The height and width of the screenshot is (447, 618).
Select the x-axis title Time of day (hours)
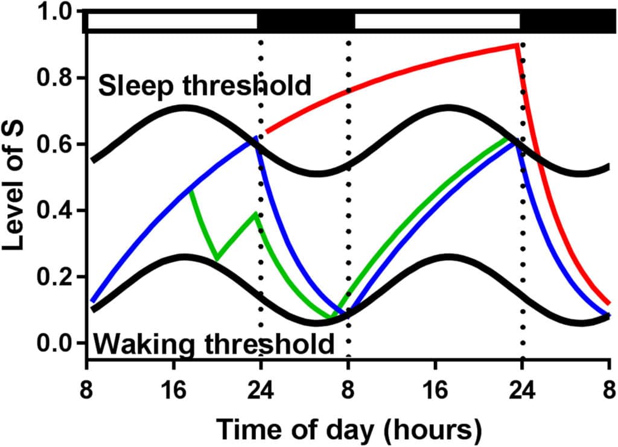[x=349, y=429]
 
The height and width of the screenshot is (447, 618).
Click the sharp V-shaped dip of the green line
[x=217, y=259]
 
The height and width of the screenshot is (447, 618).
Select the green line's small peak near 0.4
[x=255, y=213]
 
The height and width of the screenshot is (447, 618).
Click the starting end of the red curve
[x=267, y=132]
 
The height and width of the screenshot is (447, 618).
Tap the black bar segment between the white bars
[x=306, y=22]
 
